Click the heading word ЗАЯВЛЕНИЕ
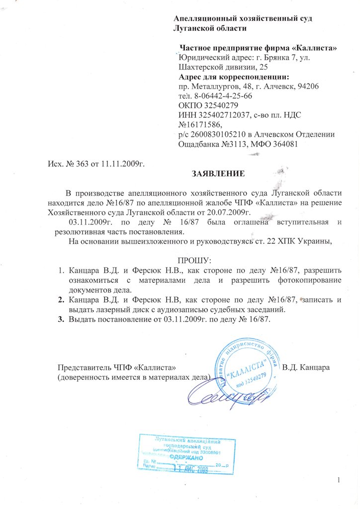pyautogui.click(x=218, y=174)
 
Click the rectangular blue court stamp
pyautogui.click(x=186, y=454)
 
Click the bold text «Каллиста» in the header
pyautogui.click(x=314, y=48)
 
